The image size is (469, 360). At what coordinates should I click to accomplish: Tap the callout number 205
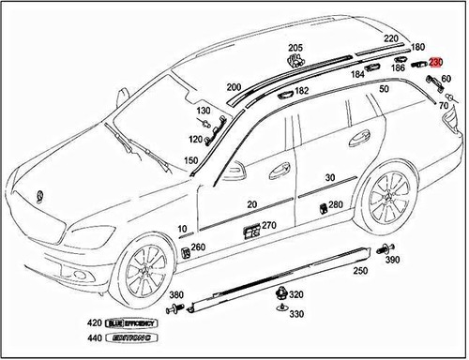[295, 48]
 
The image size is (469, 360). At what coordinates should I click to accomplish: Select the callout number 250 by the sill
[359, 271]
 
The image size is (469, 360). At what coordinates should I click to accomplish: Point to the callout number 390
[393, 260]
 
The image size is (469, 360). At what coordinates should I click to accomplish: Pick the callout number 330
[295, 315]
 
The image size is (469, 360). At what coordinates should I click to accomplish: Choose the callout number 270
[268, 225]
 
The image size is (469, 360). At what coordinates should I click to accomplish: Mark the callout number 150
[190, 161]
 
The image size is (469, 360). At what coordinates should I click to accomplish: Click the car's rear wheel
[386, 200]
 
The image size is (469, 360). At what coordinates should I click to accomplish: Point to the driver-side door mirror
[233, 172]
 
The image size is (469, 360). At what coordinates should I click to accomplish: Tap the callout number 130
[203, 111]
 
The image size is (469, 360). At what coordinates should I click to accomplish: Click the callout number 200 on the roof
[234, 86]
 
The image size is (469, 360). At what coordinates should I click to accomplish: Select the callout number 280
[335, 203]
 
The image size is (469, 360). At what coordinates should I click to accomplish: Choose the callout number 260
[198, 248]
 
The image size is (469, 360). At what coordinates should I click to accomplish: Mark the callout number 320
[295, 294]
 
